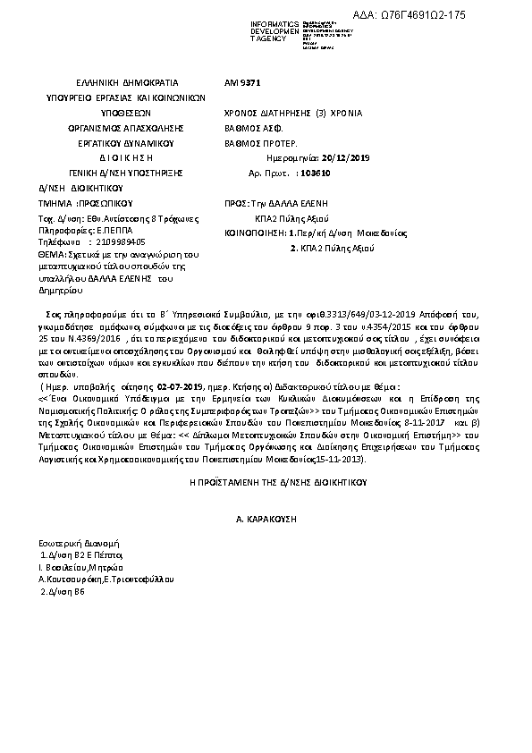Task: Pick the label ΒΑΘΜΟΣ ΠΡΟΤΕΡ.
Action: click(258, 142)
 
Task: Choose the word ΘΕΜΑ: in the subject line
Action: click(50, 255)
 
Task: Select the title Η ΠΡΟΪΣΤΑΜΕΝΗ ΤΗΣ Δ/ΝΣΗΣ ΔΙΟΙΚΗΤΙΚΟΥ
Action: click(266, 481)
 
